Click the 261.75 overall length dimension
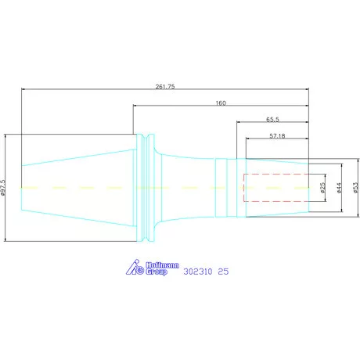tap(165, 86)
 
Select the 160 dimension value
tap(221, 103)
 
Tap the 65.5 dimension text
tap(272, 120)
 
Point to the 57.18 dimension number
tap(277, 136)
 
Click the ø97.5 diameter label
tap(2, 187)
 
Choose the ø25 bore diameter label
tap(322, 188)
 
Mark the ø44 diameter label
tap(339, 188)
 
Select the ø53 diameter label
tap(356, 188)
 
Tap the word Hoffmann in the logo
tap(162, 265)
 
